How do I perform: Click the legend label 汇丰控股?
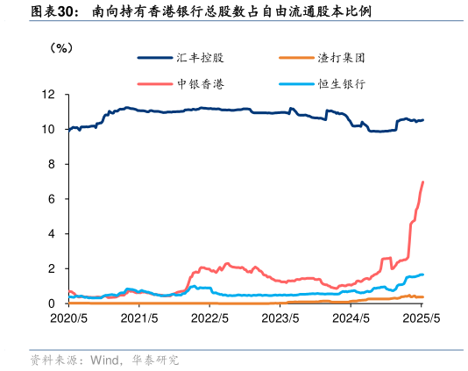[200, 58]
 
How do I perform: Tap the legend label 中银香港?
[200, 84]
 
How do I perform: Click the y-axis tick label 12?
[51, 94]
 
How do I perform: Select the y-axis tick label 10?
[51, 129]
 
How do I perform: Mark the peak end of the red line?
[423, 182]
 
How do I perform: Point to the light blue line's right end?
[423, 275]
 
